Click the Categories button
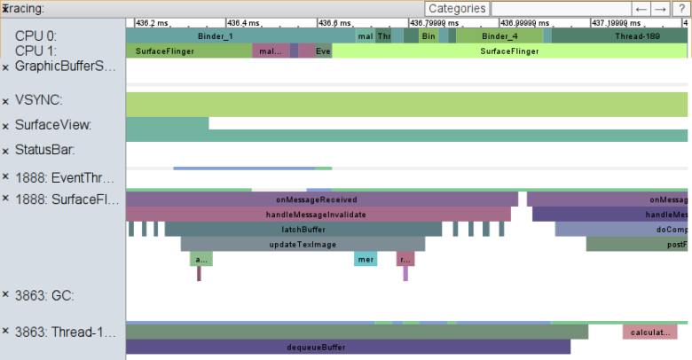[457, 8]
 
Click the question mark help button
[680, 8]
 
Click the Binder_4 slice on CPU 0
[499, 36]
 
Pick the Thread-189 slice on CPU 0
[636, 36]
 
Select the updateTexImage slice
[303, 244]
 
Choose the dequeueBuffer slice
[317, 347]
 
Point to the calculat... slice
[649, 333]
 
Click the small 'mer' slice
[366, 260]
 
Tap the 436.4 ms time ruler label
[243, 22]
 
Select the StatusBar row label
[44, 150]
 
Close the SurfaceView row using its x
[5, 126]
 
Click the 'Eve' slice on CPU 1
[323, 51]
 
